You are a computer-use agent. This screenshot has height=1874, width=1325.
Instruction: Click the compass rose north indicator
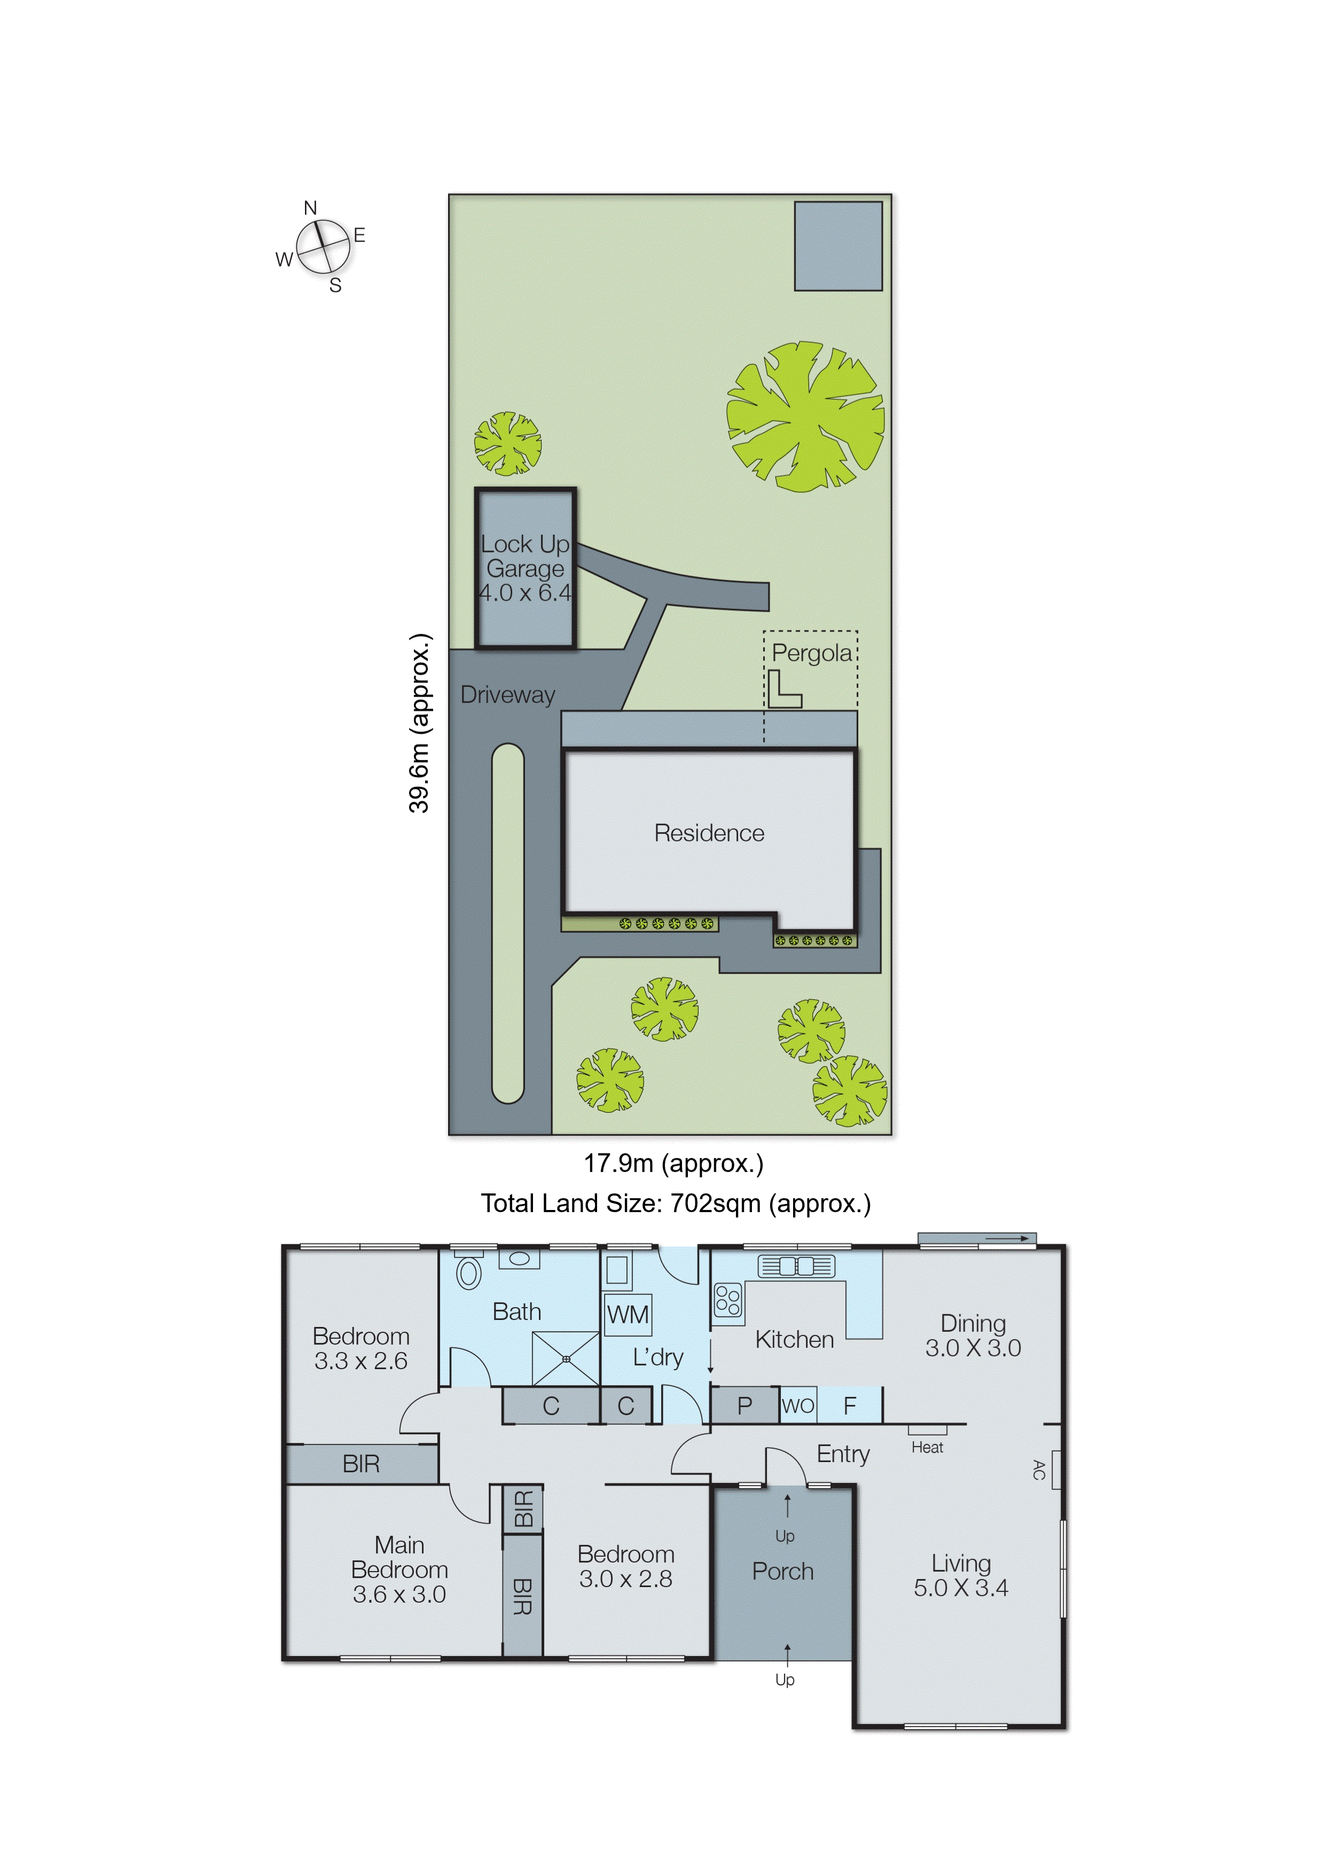310,209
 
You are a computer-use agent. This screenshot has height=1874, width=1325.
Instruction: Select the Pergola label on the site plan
811,653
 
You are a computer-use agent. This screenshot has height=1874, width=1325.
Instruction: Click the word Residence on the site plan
709,833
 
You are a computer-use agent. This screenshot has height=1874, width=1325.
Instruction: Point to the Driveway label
507,694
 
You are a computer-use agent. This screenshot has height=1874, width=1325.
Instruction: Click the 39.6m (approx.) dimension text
419,723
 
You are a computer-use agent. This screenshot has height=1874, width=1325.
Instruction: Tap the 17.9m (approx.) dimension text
673,1163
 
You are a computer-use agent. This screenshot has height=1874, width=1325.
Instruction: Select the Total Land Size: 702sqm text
676,1203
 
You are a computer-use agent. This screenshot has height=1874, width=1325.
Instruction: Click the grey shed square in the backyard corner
838,246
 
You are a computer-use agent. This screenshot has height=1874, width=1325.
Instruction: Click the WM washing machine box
628,1315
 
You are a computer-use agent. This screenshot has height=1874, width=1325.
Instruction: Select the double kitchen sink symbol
796,1266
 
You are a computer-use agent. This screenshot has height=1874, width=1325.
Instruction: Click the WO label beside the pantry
797,1405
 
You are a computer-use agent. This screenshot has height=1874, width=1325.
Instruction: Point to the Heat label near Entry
927,1447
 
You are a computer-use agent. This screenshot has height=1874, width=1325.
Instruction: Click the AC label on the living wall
1039,1469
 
